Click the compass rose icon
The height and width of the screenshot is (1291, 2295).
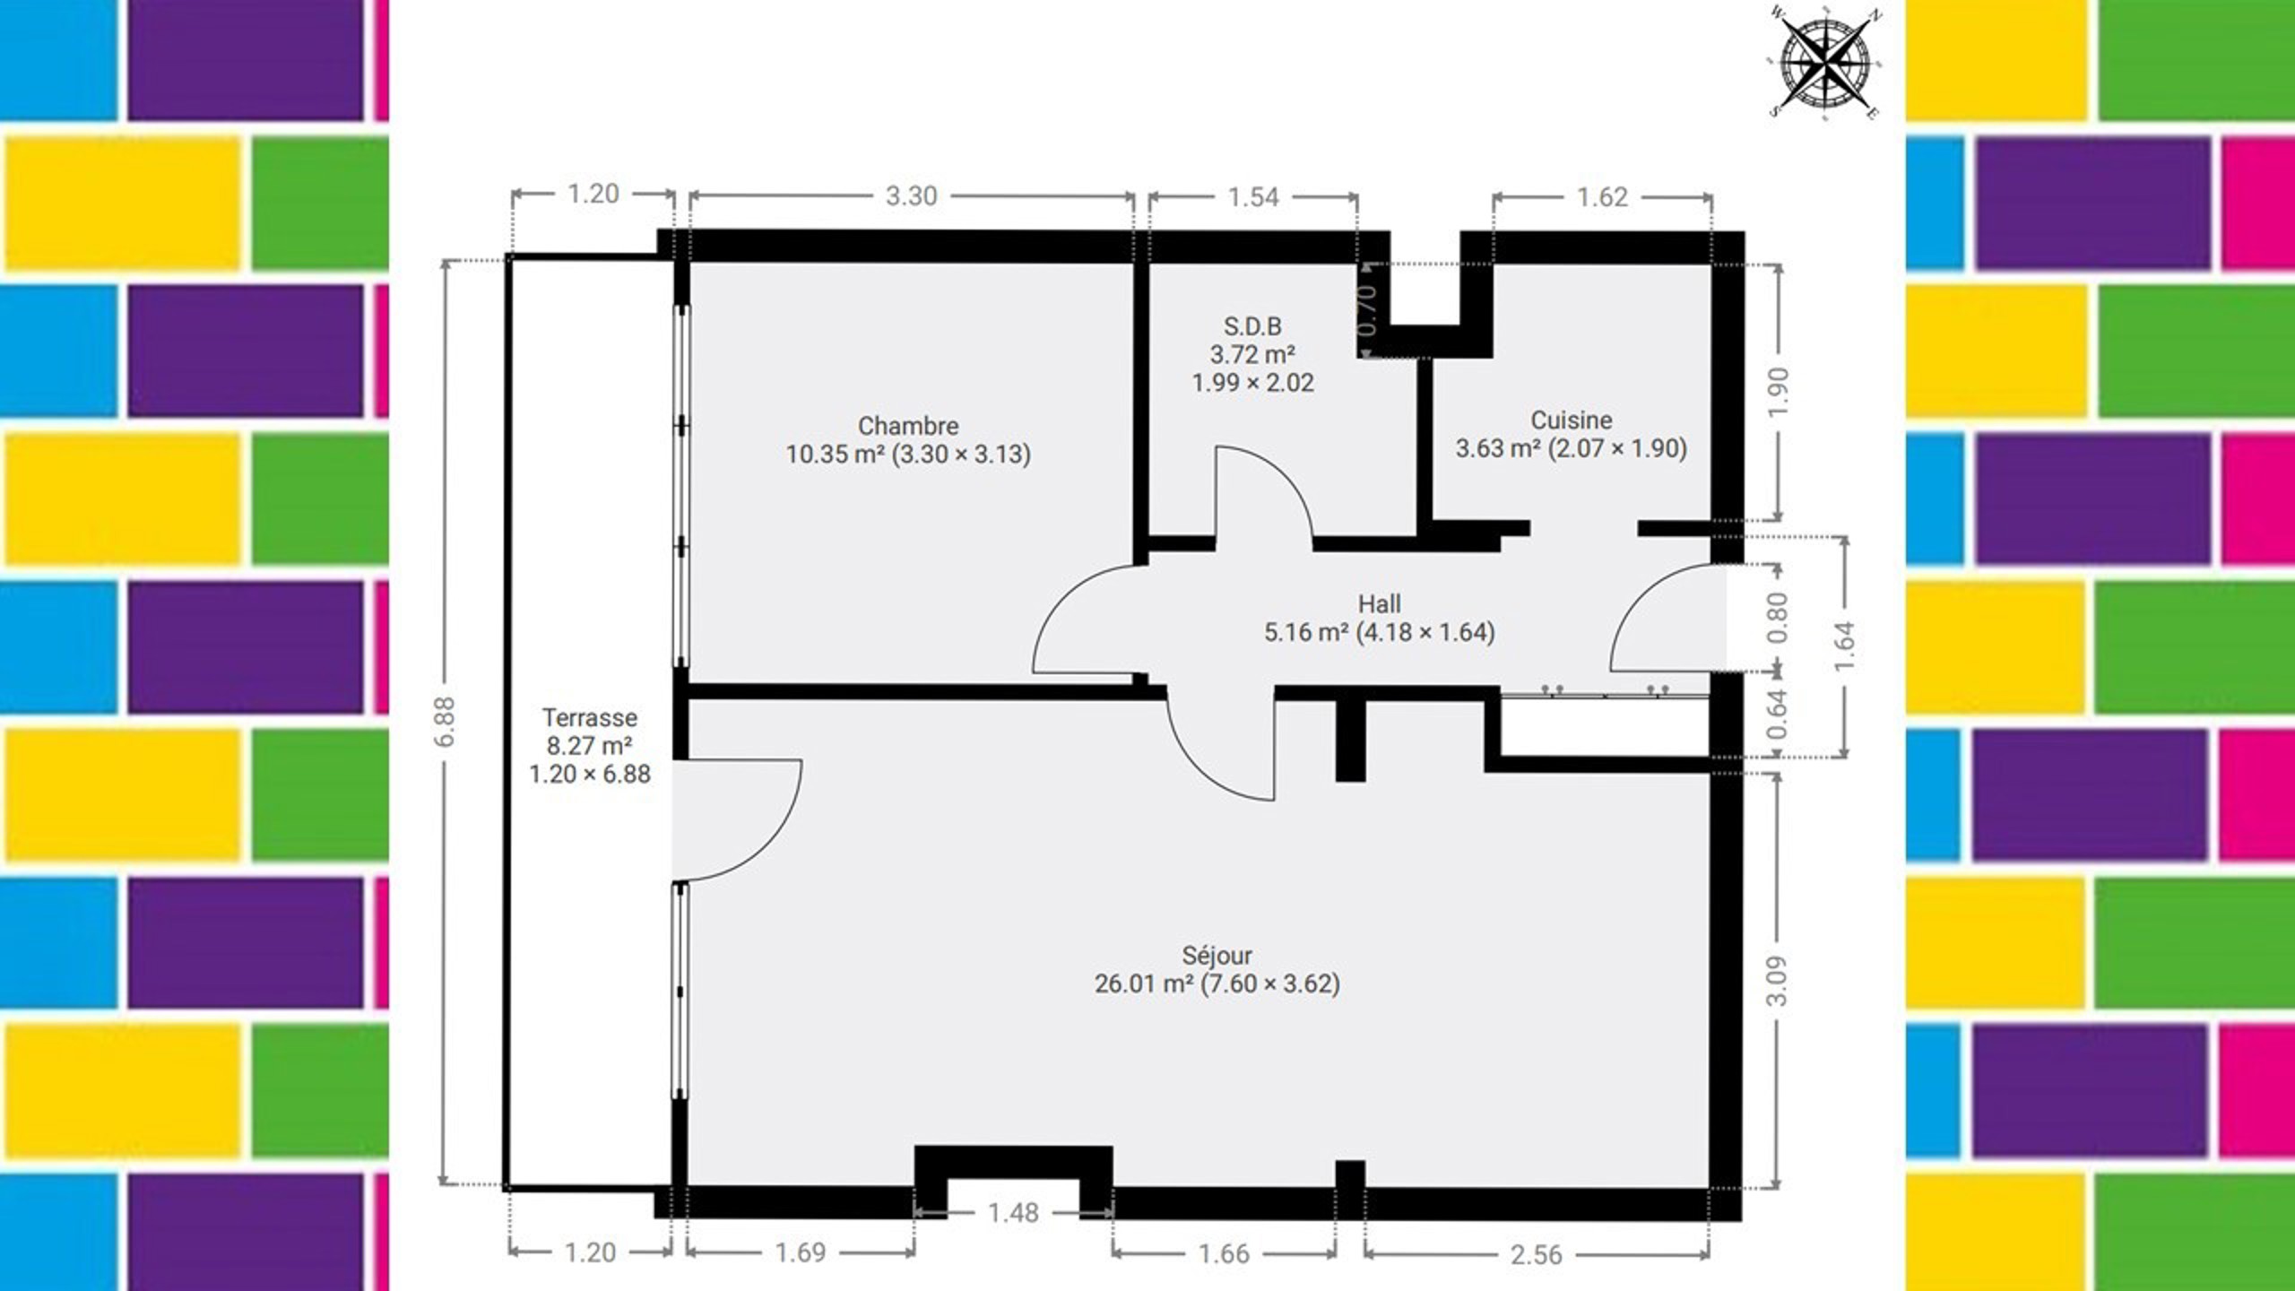click(1824, 63)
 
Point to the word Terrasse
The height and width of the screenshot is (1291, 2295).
click(589, 717)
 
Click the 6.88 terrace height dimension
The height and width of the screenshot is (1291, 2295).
click(446, 721)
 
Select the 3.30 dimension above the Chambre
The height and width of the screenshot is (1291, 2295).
click(911, 195)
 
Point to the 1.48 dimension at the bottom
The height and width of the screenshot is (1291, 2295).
click(1013, 1213)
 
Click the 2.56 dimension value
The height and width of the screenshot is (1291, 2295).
click(1537, 1254)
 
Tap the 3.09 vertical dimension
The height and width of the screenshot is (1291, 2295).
click(1777, 981)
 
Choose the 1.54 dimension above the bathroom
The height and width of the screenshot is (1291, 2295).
click(1252, 196)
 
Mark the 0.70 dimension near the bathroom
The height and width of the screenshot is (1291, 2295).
click(1367, 310)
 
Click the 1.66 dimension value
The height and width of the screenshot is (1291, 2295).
click(1224, 1253)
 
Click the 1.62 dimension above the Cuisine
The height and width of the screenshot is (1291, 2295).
click(1602, 196)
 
